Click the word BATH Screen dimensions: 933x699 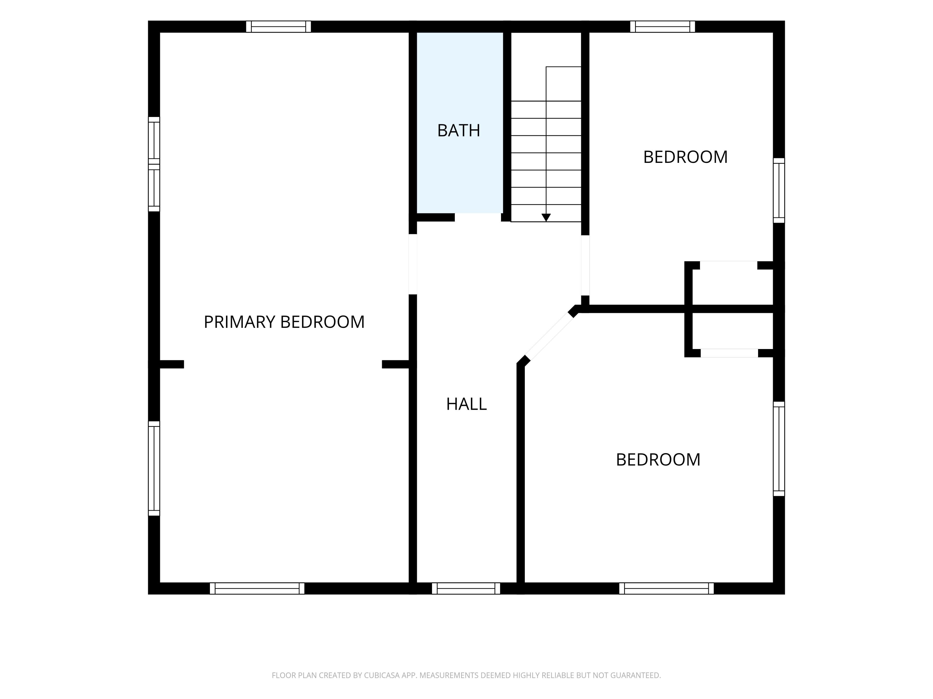458,131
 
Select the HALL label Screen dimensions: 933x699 466,404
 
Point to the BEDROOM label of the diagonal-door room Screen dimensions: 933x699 658,460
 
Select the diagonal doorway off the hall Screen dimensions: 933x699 549,336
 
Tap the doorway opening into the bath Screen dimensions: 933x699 478,217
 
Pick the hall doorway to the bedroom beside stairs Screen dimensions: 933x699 585,266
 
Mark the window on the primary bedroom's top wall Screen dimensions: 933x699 278,26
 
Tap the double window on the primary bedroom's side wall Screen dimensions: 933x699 154,164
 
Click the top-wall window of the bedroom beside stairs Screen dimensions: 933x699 663,26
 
